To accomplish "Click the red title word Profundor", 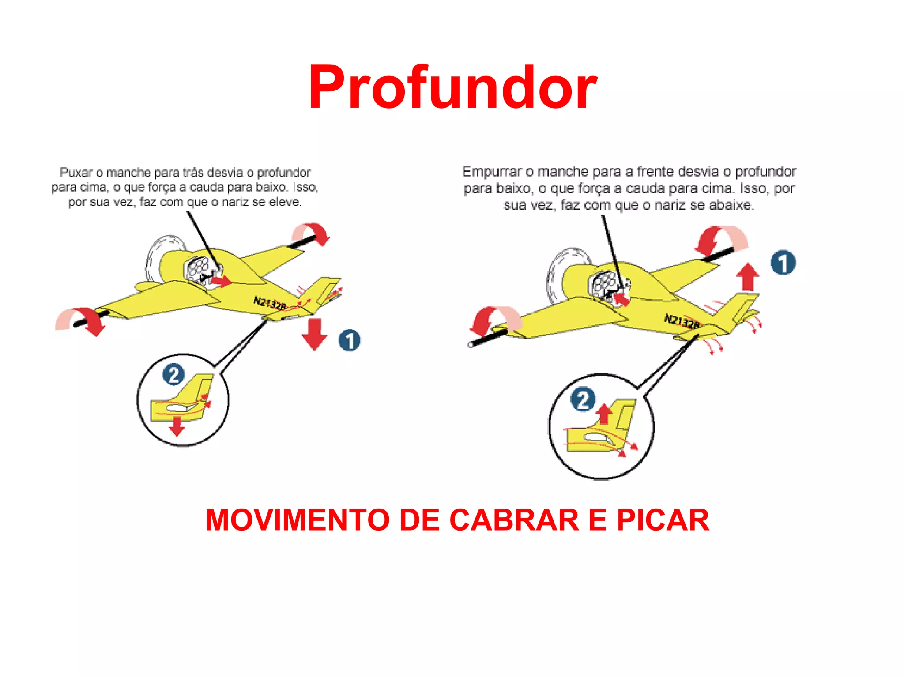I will pos(452,87).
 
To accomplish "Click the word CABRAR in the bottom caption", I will pos(514,520).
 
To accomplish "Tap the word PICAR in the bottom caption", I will pos(663,520).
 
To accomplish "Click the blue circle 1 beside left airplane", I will pos(349,340).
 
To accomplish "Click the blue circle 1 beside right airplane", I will pos(783,263).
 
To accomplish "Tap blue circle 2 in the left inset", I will pos(173,375).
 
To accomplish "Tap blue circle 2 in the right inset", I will pos(583,399).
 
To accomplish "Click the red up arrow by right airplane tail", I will pos(748,277).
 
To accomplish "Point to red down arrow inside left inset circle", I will pos(177,426).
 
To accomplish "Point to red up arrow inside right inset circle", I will pos(604,414).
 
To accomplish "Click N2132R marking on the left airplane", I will pos(270,303).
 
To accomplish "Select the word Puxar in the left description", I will pos(76,173).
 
